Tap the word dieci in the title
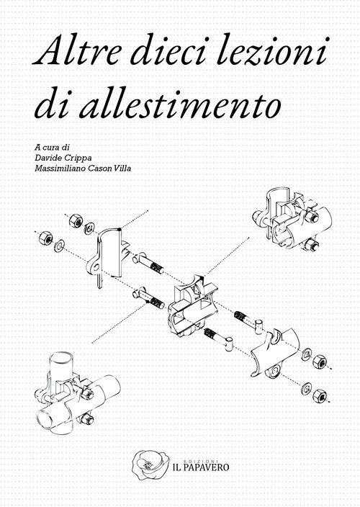168,50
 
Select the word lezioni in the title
272,50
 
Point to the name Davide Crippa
63,158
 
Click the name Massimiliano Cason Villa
83,169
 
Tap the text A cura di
52,148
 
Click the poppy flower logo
150,465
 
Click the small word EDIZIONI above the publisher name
201,460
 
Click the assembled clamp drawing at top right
292,222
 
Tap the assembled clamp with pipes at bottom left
78,394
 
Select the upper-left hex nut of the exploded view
76,221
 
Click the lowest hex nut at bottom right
320,395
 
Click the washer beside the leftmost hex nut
59,246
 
